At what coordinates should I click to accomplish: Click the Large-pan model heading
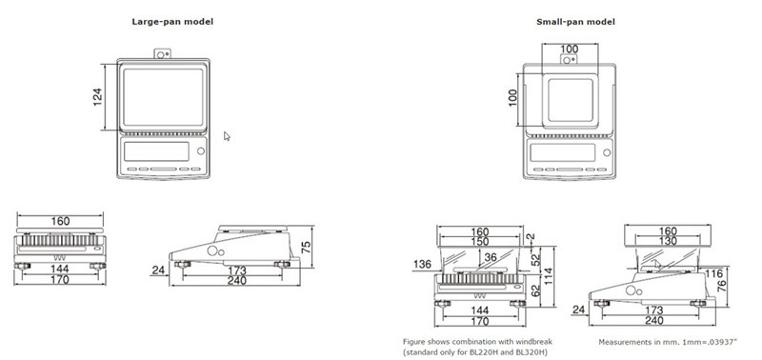[172, 21]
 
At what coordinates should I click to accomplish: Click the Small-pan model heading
[575, 21]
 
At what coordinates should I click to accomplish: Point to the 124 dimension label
[98, 97]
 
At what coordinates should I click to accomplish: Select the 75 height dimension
[306, 248]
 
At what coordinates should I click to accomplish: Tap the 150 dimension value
[479, 242]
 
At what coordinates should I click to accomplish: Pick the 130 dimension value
[667, 241]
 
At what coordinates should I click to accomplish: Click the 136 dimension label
[422, 264]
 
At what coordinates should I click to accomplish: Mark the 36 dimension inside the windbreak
[491, 257]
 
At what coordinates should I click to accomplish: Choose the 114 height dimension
[550, 276]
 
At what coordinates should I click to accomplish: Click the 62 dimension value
[536, 291]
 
